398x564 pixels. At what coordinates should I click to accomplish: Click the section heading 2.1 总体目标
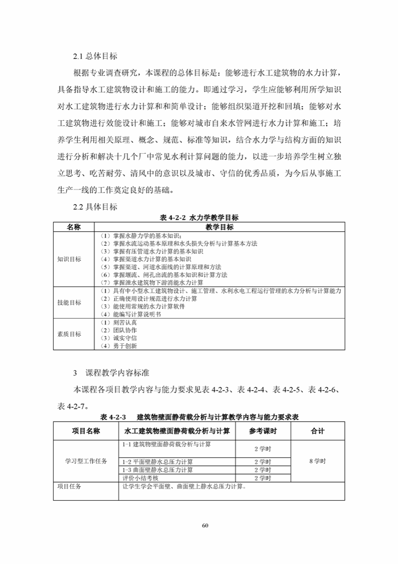pos(95,56)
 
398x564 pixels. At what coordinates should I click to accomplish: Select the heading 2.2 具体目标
pos(95,207)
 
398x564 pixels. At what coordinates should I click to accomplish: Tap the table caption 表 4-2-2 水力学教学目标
pos(198,218)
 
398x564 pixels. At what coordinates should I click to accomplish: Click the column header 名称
pos(73,227)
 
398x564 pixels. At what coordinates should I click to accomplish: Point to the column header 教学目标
pos(220,227)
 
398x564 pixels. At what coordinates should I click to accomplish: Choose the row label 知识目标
pos(69,259)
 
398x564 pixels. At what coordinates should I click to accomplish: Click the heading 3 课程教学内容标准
pos(110,374)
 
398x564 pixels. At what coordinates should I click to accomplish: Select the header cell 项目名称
pos(85,431)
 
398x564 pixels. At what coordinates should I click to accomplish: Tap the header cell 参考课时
pos(262,431)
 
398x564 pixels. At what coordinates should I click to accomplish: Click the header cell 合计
pos(318,431)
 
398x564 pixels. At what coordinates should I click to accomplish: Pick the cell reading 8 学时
pos(318,461)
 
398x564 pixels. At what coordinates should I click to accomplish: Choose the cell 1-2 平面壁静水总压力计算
pos(158,461)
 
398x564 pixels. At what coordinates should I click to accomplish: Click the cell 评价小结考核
pos(140,478)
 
